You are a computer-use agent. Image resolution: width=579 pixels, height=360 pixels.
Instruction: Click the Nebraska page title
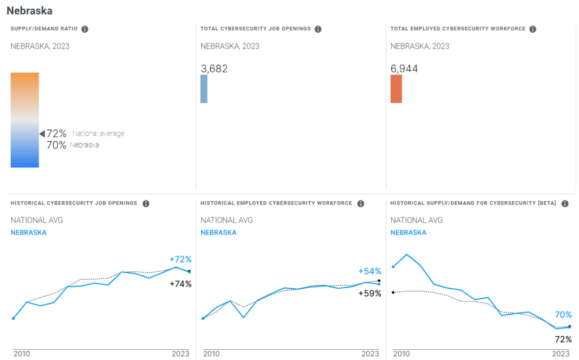pos(29,11)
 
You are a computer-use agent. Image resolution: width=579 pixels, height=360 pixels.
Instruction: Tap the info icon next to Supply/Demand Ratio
pos(85,29)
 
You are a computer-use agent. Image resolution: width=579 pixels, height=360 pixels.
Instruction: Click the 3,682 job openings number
pos(214,69)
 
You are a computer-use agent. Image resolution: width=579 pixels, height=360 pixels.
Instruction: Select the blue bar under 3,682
pos(204,89)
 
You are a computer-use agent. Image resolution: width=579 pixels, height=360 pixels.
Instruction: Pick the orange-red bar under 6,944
pos(396,89)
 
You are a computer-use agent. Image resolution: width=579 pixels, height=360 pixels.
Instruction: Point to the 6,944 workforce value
pos(404,69)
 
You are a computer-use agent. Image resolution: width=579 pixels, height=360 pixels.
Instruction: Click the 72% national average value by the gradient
pos(57,134)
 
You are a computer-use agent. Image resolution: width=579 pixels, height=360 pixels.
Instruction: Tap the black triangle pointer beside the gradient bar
pos(42,134)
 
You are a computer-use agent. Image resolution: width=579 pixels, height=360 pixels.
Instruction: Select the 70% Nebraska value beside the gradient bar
pos(57,145)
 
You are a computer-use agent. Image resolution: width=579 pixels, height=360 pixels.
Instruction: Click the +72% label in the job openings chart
pos(181,259)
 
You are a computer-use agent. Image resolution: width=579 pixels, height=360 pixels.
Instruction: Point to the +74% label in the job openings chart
pos(181,284)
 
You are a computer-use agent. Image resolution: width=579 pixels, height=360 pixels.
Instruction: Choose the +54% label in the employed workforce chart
pos(370,271)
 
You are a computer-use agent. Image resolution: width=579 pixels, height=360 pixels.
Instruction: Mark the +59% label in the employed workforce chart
pos(370,293)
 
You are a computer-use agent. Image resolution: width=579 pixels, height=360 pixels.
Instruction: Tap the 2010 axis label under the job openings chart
pos(21,353)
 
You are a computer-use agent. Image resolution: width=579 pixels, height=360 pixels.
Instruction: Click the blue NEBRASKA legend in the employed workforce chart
pos(219,232)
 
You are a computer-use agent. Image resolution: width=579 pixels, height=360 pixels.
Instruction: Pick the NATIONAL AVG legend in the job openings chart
pos(37,220)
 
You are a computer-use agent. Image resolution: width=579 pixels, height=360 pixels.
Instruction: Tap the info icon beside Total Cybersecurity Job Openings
pos(318,29)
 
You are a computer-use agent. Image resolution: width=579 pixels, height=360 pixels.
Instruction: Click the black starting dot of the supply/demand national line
pos(393,292)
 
